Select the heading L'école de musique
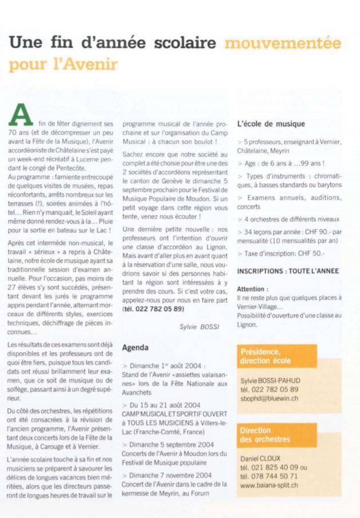(x=271, y=124)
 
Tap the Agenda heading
(x=136, y=347)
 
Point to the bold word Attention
(x=252, y=289)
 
